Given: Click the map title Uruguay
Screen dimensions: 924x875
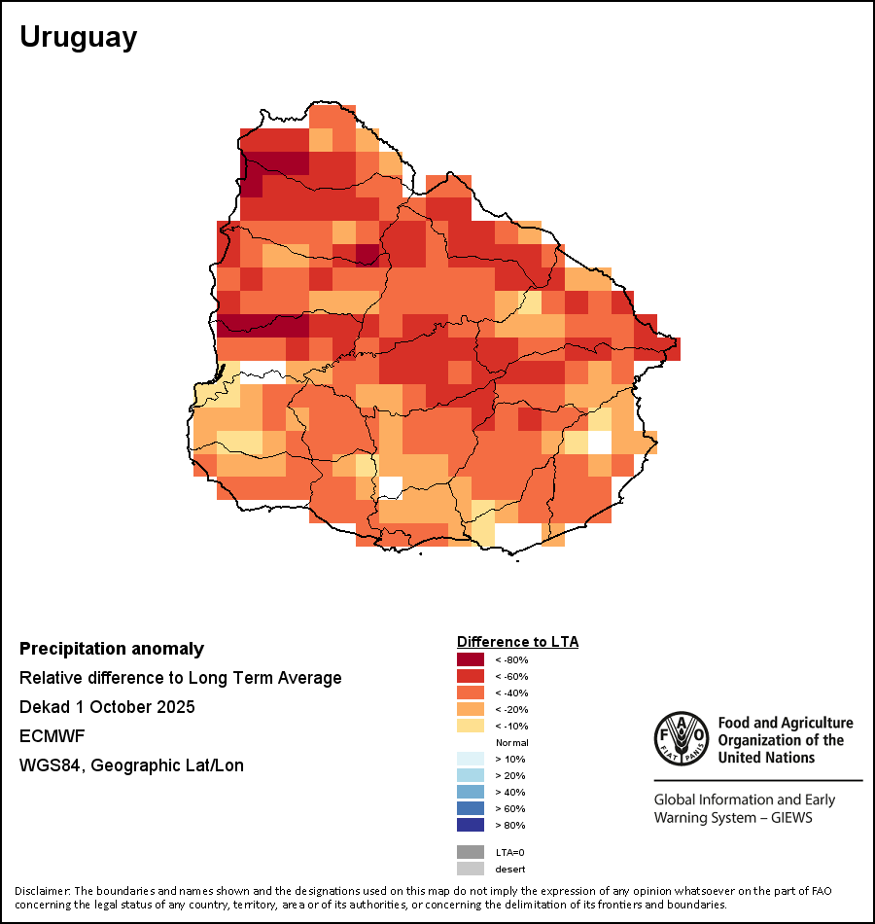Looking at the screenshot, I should [x=79, y=37].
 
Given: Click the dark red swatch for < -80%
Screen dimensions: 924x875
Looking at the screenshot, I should [x=471, y=659].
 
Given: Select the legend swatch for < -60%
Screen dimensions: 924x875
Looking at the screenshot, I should [x=471, y=676].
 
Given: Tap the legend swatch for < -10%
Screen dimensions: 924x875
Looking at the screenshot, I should [x=471, y=726].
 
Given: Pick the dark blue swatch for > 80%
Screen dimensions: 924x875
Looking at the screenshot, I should [x=471, y=825].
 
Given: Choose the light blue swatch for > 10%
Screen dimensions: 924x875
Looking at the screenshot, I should [x=471, y=759].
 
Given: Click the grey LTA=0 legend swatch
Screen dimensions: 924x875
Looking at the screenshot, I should [x=471, y=852].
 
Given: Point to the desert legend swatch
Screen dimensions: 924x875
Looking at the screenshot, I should [x=471, y=869].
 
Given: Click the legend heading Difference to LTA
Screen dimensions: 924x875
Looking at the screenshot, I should [x=517, y=642].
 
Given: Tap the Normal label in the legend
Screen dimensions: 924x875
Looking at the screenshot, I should [x=511, y=742].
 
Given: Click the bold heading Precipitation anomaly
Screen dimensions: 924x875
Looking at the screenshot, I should [x=112, y=649].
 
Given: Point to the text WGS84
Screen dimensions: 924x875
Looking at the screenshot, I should [x=48, y=765].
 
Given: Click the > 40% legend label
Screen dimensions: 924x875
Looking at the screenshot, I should [x=509, y=792].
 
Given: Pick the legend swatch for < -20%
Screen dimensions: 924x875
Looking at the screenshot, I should [x=471, y=709].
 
